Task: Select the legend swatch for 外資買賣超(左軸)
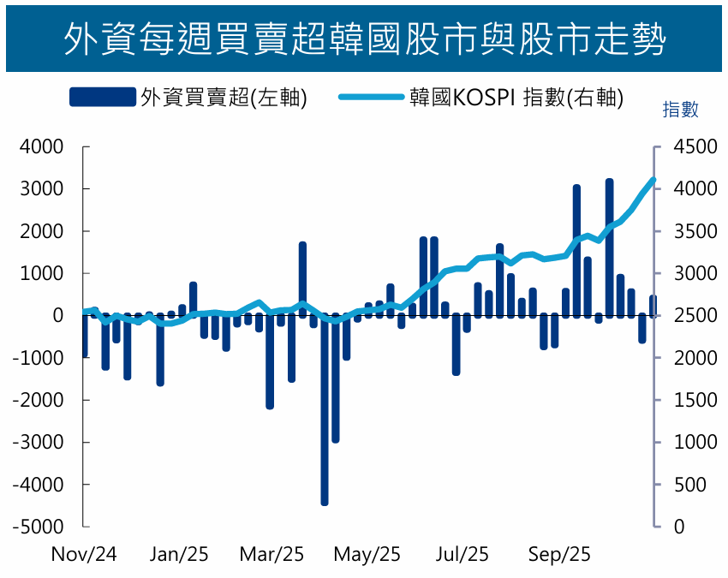[102, 98]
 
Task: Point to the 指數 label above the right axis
[681, 110]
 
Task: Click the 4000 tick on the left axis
[42, 147]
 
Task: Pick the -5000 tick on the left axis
[38, 527]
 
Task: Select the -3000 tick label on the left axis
[38, 443]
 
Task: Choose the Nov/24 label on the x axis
[84, 555]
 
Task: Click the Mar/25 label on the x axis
[272, 555]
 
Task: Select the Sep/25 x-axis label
[559, 555]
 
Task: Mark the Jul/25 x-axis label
[462, 555]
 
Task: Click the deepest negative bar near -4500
[325, 411]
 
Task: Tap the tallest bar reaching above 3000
[610, 248]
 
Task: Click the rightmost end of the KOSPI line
[653, 180]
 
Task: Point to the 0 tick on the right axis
[679, 527]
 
